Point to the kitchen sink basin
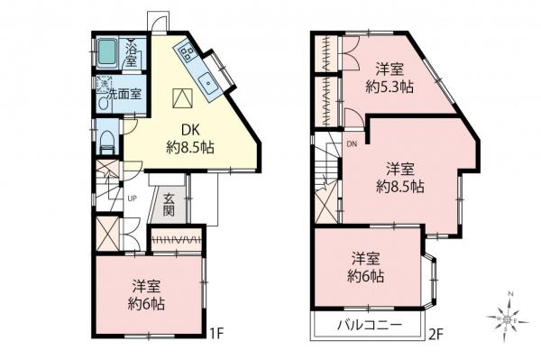[209, 81]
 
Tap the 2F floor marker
[436, 333]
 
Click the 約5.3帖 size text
[390, 88]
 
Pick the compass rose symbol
[509, 317]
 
